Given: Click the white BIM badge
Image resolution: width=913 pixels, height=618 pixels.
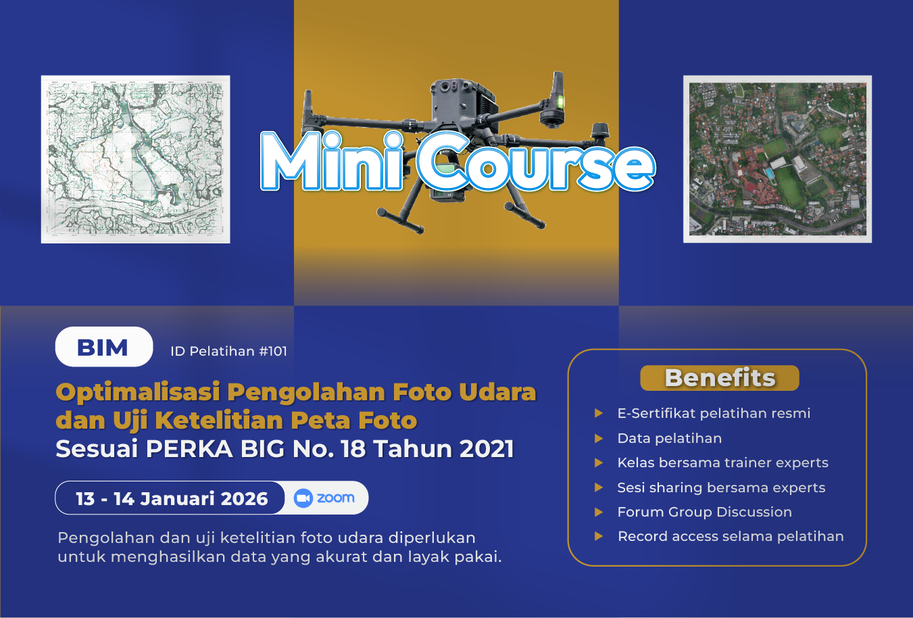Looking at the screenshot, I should click(x=103, y=347).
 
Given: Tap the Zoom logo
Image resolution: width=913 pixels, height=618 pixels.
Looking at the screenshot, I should click(x=325, y=498).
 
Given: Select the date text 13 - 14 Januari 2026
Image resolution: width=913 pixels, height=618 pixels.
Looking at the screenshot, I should click(x=172, y=499).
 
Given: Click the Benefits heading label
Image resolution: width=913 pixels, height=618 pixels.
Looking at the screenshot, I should click(x=720, y=378).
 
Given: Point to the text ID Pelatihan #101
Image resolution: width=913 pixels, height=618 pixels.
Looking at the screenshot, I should click(x=228, y=351).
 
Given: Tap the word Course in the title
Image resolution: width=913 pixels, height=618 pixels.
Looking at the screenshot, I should click(x=535, y=162).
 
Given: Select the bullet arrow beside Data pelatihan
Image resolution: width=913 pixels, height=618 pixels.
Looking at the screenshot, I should click(x=599, y=438).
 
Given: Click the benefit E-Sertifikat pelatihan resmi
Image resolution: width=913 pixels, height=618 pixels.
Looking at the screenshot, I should click(x=714, y=413).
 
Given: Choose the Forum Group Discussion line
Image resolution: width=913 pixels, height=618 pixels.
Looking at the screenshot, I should click(x=704, y=512).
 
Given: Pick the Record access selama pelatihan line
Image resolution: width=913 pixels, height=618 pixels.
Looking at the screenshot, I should click(x=731, y=536).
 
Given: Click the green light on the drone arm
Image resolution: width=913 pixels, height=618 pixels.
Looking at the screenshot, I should click(x=560, y=102).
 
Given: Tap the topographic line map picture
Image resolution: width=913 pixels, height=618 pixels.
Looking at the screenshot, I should click(x=136, y=159).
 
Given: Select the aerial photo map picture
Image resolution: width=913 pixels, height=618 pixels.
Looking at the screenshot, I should click(x=777, y=159).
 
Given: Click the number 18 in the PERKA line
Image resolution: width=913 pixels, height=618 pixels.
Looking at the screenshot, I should click(x=353, y=449).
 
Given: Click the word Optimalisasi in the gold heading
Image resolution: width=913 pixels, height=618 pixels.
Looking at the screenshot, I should click(x=137, y=391).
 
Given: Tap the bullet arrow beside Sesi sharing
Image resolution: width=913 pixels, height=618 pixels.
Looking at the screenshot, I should click(x=599, y=488).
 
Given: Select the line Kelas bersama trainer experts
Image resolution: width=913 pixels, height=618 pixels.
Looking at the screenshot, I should click(x=722, y=462).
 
